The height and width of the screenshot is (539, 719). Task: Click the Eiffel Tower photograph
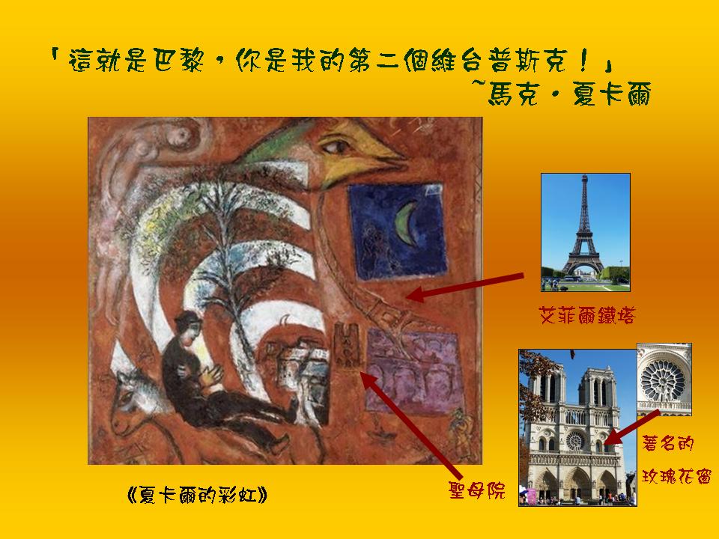[586, 232]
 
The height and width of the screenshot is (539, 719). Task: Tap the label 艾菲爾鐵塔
[587, 316]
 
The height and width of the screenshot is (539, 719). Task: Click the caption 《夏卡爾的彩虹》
[197, 495]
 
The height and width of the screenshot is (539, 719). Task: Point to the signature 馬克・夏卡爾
[569, 94]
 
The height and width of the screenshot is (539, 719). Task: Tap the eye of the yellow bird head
[336, 147]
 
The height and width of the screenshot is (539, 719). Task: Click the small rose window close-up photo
[664, 380]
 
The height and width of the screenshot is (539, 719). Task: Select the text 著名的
[667, 443]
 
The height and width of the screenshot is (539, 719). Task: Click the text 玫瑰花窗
[676, 476]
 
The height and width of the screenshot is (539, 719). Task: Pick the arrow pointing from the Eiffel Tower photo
[464, 287]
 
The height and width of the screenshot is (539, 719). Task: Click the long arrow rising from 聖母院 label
[410, 424]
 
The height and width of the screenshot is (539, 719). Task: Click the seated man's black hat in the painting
[187, 319]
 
